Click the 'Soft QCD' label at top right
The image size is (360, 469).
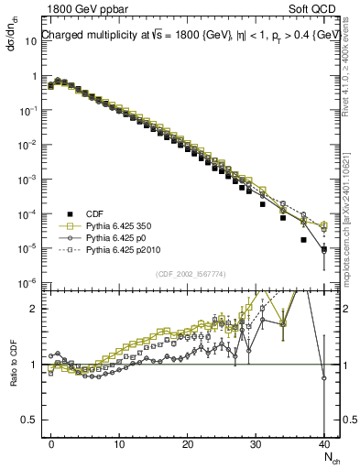coord(317,8)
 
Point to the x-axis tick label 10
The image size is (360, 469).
coord(119,442)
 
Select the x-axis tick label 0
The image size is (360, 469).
coord(51,442)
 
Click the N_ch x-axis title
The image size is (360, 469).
coord(327,457)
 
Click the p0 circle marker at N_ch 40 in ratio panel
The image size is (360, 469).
coord(324,377)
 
